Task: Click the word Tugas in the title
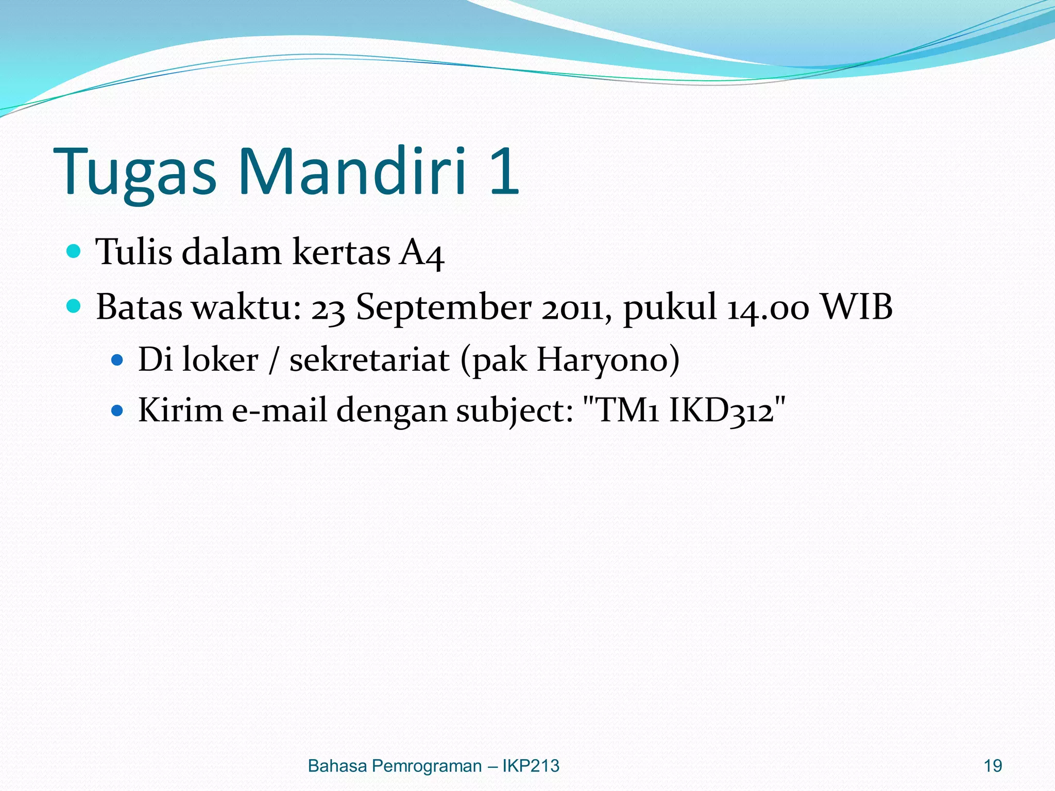coord(135,173)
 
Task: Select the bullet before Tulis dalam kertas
coord(74,251)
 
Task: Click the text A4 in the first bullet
coord(421,253)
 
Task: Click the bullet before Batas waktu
coord(74,306)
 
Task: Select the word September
coord(444,308)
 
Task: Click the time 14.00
coord(768,308)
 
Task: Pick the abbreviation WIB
coord(856,307)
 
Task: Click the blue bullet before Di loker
coord(117,359)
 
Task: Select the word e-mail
coord(279,411)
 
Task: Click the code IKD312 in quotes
coord(721,411)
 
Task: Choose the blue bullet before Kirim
coord(117,410)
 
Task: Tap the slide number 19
coord(993,766)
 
